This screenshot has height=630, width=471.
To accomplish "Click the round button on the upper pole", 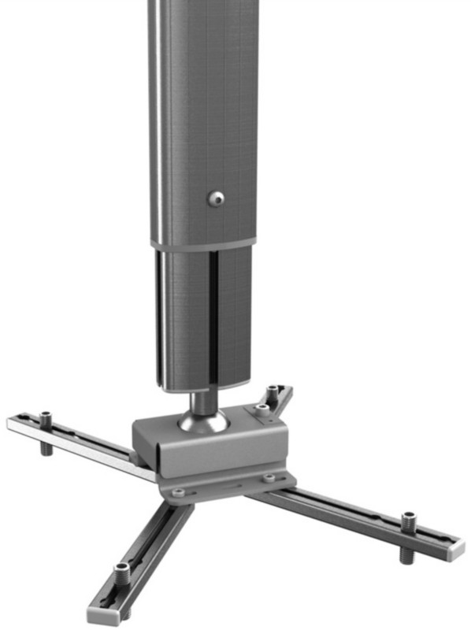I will (x=215, y=199).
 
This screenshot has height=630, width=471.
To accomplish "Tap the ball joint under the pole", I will (x=203, y=418).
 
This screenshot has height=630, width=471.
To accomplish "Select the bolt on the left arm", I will (x=46, y=417).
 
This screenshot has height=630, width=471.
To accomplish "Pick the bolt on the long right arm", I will (x=408, y=521).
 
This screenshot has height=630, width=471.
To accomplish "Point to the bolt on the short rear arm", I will (x=273, y=392).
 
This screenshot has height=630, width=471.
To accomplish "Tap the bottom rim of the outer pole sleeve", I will (x=205, y=245).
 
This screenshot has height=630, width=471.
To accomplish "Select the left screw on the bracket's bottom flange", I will (x=178, y=492).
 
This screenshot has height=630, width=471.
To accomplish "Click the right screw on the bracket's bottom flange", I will (x=270, y=477).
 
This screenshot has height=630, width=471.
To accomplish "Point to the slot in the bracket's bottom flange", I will (x=224, y=487).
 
